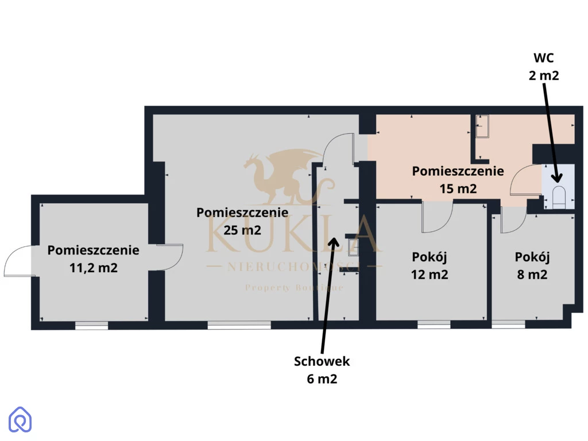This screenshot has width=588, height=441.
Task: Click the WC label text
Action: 543,58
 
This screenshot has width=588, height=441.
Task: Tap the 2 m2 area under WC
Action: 544,75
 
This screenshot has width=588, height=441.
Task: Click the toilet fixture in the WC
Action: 559,197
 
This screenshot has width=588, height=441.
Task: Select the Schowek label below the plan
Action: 322,361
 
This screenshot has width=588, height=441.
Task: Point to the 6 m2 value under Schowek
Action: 322,379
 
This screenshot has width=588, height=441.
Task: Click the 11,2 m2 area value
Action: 94,268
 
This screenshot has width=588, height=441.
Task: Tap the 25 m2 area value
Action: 242,230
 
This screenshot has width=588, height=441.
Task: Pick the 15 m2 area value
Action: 458,188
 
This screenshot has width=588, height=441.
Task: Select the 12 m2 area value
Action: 430,274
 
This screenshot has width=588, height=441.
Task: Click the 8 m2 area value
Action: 532,274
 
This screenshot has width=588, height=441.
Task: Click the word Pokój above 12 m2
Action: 430,257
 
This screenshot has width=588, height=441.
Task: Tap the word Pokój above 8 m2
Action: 532,257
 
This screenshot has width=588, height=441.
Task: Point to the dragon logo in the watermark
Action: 285,176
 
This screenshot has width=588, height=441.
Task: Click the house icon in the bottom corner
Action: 20,419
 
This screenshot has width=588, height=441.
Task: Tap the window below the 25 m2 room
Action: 239,325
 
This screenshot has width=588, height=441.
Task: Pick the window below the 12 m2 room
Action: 434,325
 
